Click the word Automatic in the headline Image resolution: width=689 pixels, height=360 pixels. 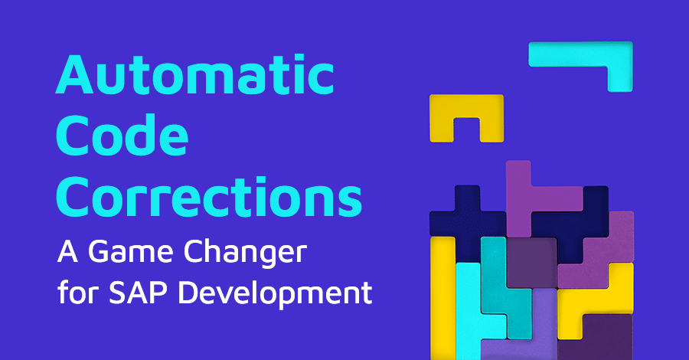click(x=194, y=74)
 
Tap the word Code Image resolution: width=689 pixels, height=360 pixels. click(x=122, y=135)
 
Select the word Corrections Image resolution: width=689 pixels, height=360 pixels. click(x=209, y=197)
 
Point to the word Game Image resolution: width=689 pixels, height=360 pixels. click(x=130, y=252)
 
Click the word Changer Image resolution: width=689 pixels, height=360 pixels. click(x=245, y=254)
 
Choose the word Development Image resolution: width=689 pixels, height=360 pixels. click(x=275, y=293)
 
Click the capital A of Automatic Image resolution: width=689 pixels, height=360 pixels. click(x=74, y=75)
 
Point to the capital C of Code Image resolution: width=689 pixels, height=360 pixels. click(x=73, y=135)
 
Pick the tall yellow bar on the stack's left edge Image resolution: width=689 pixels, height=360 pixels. click(x=442, y=298)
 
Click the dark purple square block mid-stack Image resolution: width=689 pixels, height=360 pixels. click(x=532, y=263)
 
